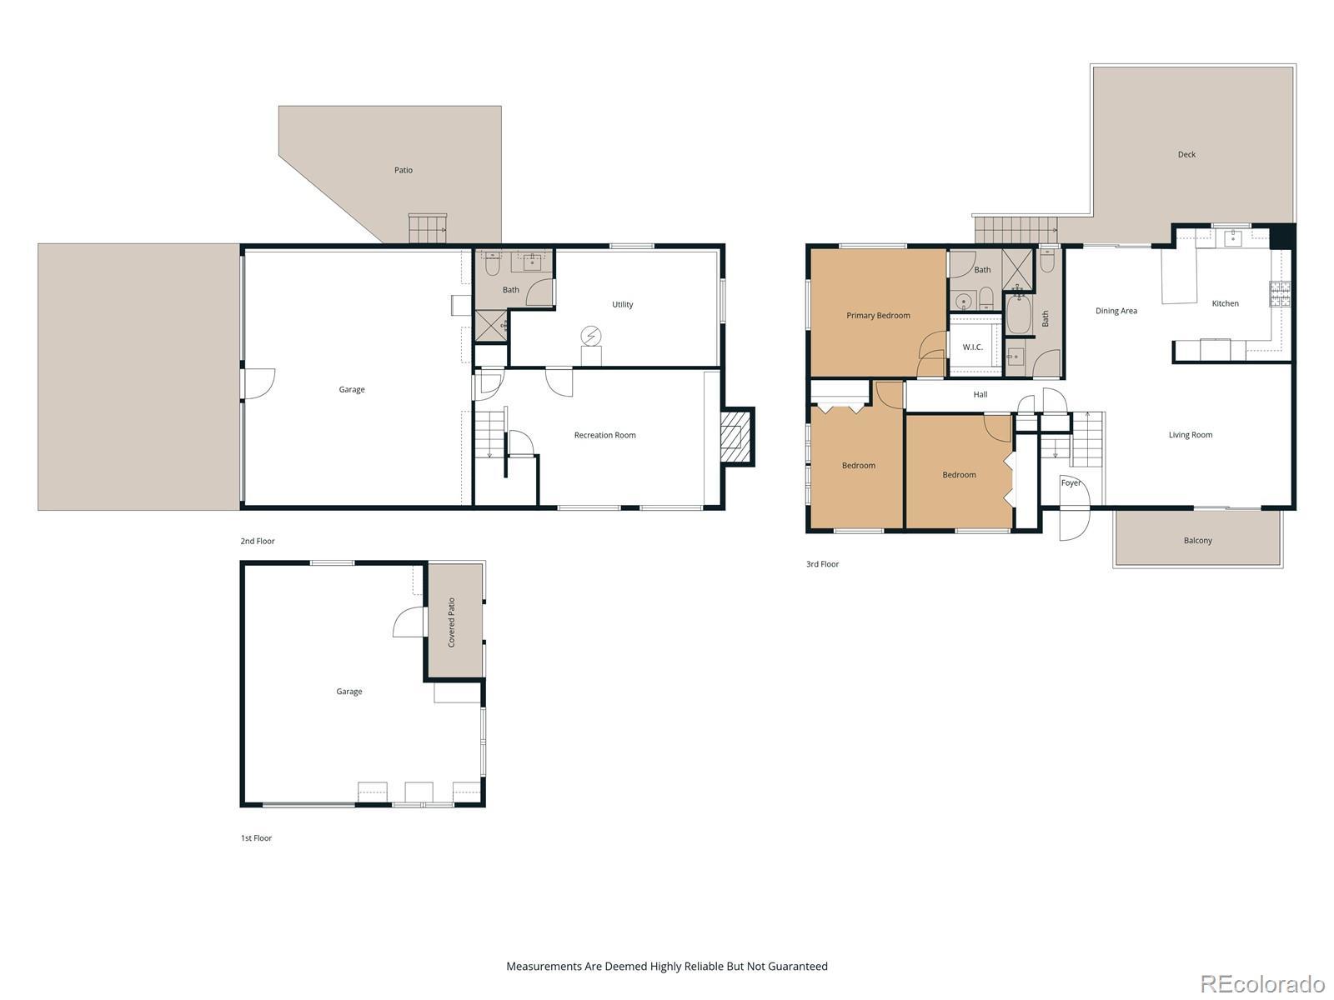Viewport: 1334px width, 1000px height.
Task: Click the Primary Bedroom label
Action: point(878,315)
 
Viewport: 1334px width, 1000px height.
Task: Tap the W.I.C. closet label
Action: point(972,347)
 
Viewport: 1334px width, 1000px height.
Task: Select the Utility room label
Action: point(622,304)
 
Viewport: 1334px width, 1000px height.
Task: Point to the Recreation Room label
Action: point(604,435)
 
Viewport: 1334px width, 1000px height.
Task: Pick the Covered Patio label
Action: point(452,622)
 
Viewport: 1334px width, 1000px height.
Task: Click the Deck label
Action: point(1186,154)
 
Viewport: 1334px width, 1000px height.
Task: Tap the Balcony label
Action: point(1198,540)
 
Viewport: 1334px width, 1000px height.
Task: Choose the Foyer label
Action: point(1071,482)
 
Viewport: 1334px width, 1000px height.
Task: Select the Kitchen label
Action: point(1226,303)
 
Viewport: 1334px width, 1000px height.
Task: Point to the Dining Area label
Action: point(1116,311)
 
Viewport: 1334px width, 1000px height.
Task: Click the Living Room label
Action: point(1191,435)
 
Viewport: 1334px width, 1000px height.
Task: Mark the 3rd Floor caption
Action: point(822,564)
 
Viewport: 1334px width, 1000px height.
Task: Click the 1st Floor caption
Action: point(256,837)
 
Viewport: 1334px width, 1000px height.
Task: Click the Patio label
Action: point(404,170)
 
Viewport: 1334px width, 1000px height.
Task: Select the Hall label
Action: point(980,395)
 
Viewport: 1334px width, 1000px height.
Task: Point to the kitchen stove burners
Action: point(1279,294)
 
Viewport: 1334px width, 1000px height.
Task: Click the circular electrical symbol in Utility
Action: point(591,336)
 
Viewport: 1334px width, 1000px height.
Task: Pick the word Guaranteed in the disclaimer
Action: point(797,966)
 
